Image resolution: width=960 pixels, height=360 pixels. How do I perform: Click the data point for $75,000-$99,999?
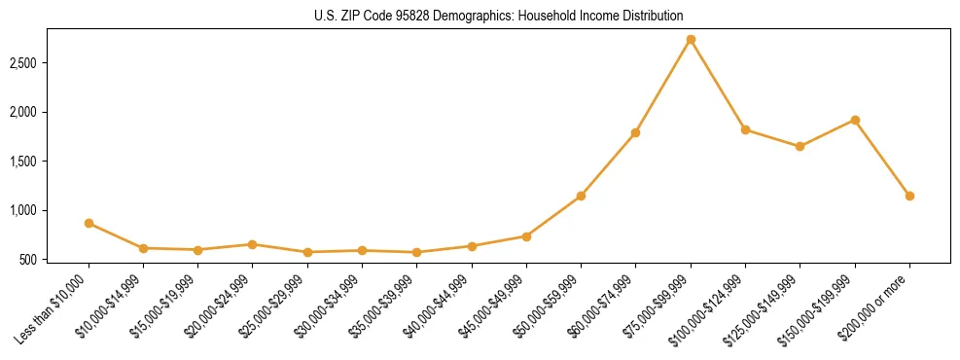coord(691,40)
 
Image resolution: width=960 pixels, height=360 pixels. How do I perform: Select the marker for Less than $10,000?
coord(89,223)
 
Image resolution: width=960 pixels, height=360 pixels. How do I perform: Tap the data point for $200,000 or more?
coord(909,196)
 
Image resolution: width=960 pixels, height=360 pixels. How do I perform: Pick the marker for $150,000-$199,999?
coord(855,120)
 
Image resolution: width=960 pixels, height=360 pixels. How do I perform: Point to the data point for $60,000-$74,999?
coord(635,132)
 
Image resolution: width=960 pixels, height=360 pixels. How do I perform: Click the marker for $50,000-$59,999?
coord(581,196)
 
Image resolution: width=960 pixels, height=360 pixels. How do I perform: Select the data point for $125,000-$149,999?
coord(800,147)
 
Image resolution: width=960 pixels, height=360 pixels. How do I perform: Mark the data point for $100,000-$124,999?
coord(745,129)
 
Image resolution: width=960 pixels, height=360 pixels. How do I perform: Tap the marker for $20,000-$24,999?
coord(253,244)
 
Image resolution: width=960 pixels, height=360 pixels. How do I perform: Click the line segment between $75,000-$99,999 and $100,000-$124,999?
coord(718,85)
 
